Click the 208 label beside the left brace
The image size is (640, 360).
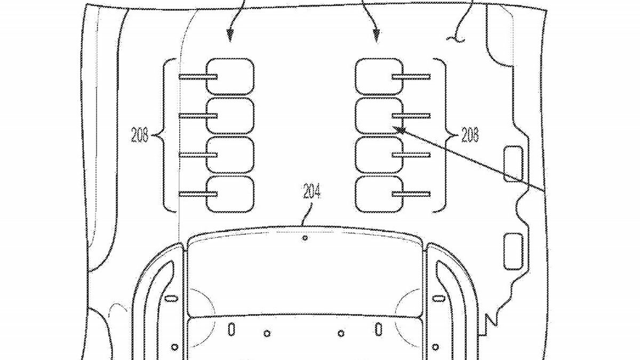140,135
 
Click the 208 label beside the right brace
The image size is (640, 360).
470,134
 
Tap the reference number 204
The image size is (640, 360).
311,191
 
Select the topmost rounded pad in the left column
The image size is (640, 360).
230,77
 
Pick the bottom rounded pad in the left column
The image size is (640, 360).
230,194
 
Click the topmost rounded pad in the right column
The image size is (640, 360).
379,77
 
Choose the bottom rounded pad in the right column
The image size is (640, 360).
379,194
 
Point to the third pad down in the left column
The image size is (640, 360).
230,155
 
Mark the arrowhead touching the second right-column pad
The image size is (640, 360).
398,130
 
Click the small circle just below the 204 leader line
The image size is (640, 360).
305,238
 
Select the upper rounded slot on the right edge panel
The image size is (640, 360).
513,164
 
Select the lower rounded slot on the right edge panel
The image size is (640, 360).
513,251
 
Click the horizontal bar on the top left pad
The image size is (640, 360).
198,77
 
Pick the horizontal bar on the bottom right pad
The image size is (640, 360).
411,194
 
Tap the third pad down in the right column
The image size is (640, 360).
379,155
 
